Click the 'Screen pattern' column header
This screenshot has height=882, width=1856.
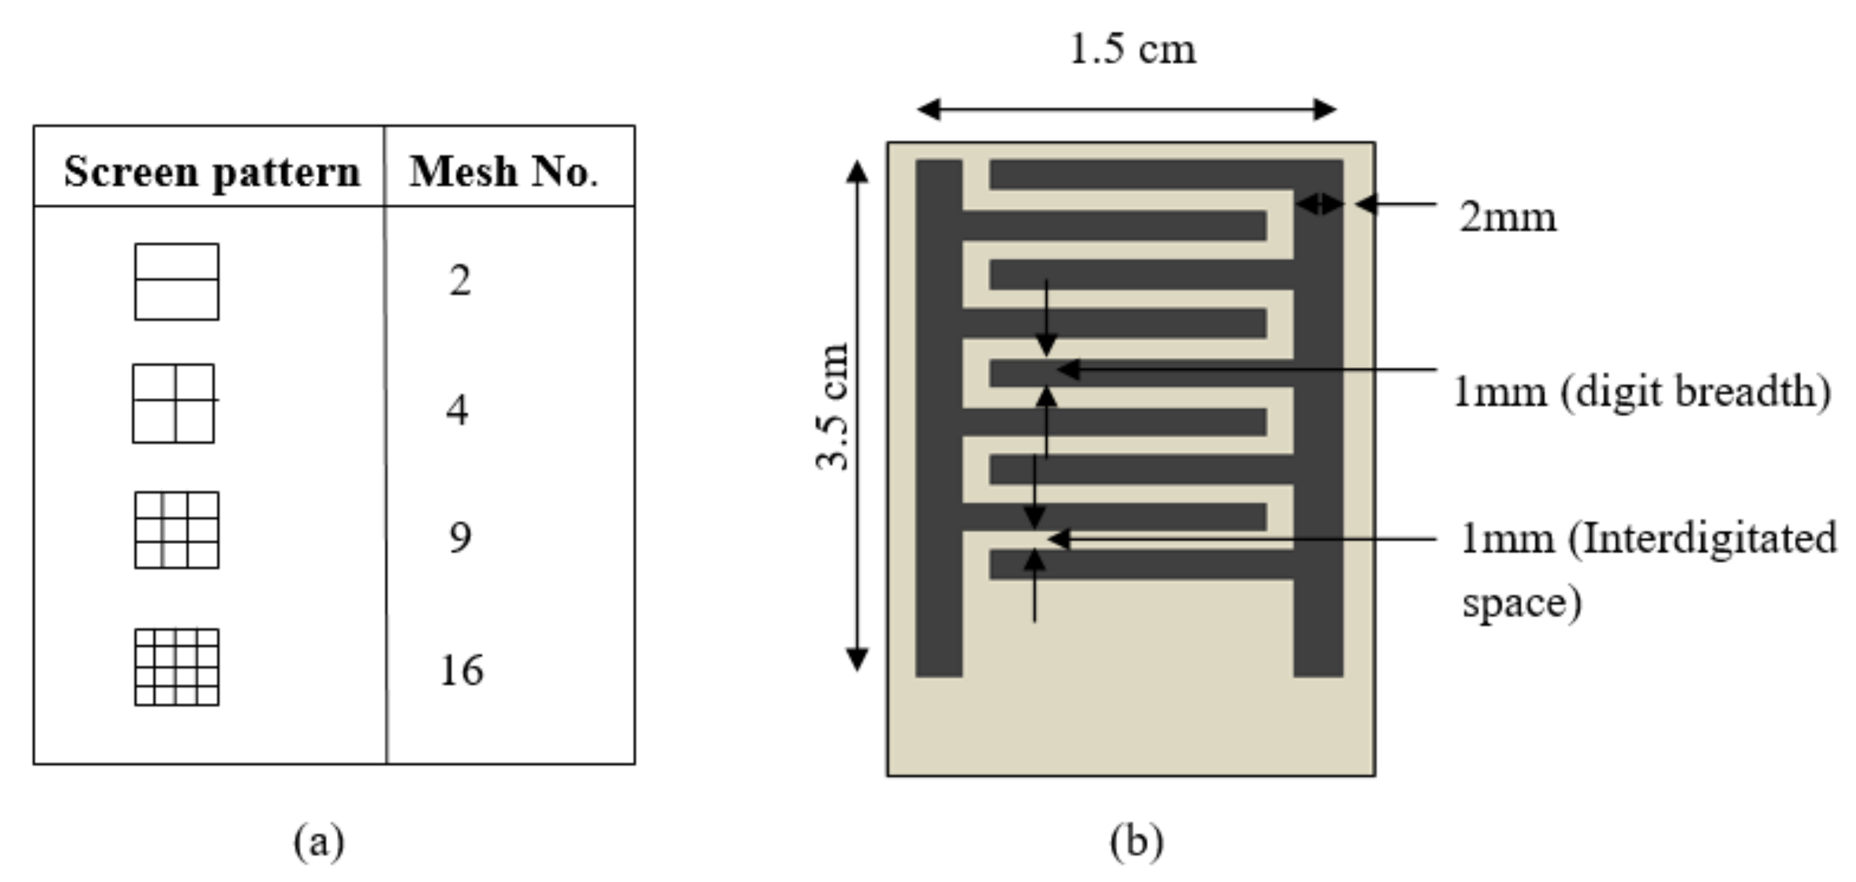coord(212,172)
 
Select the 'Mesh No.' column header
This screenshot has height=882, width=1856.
coord(504,172)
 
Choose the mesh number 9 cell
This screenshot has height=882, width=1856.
coord(460,538)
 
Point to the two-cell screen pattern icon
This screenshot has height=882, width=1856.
coord(176,282)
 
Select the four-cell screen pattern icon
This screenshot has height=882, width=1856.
coord(174,403)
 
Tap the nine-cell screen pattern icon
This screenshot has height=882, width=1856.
coord(176,530)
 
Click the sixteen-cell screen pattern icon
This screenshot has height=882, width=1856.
coord(176,667)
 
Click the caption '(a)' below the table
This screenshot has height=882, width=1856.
coord(319,840)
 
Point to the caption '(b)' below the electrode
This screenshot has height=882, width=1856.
coord(1136,840)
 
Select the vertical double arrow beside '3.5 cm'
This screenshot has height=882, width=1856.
coord(857,416)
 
